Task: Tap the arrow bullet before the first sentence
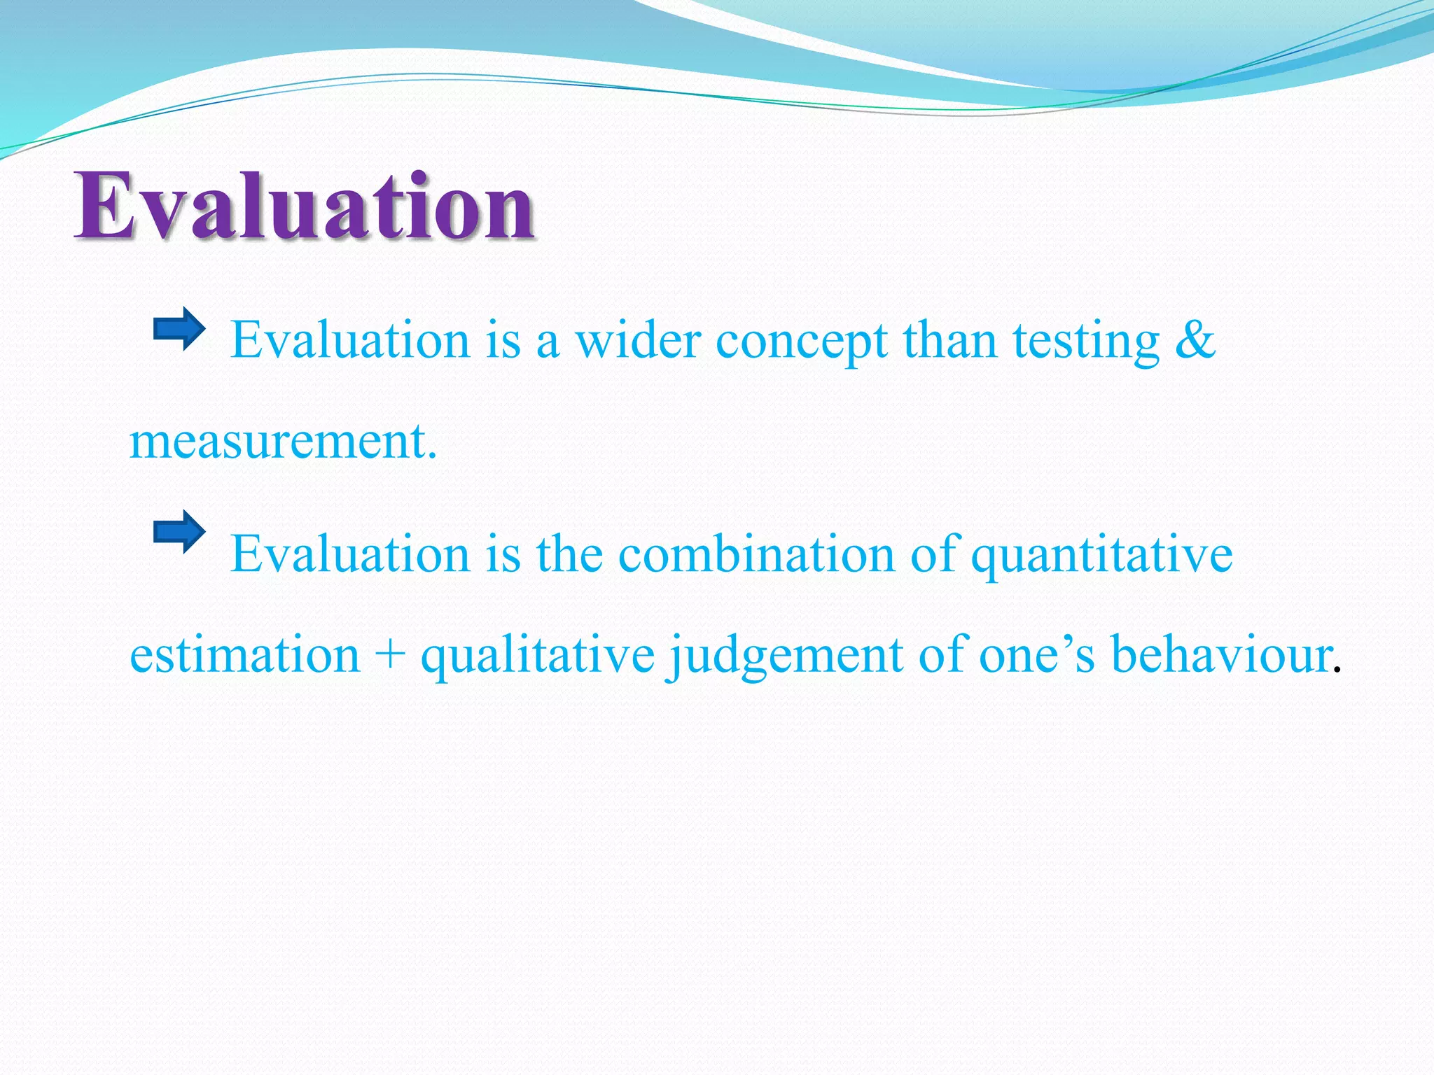click(x=179, y=328)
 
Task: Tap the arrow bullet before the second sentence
click(x=179, y=532)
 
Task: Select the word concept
click(x=801, y=343)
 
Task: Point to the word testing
click(x=1086, y=343)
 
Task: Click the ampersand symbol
click(x=1195, y=341)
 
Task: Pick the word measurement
click(x=283, y=442)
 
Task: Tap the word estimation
click(x=244, y=656)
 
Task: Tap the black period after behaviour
click(x=1337, y=670)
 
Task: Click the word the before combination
click(x=569, y=554)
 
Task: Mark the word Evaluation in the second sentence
click(x=350, y=554)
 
